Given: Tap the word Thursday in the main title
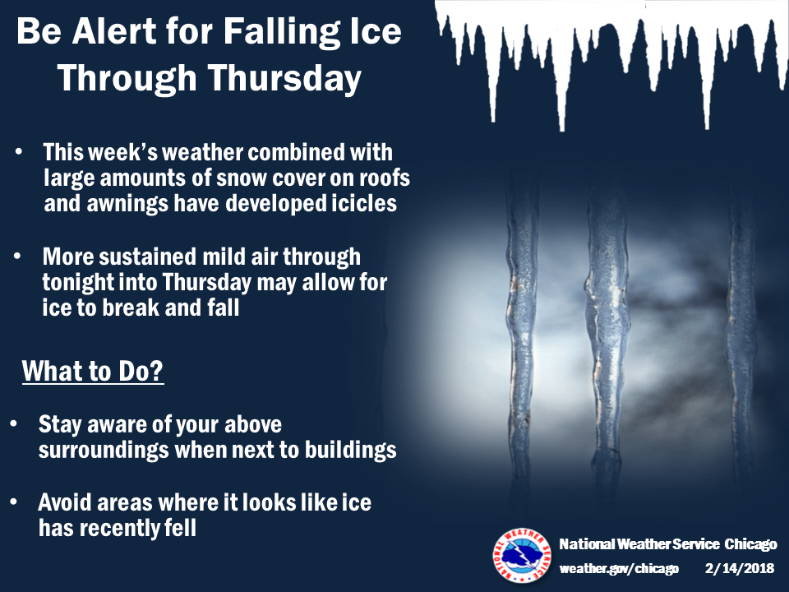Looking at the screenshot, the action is (284, 79).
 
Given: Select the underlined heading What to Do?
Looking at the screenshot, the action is (93, 371).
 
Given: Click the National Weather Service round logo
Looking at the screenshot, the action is (522, 556).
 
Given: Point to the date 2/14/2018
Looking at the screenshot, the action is (739, 568).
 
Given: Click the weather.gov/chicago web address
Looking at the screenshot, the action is (619, 569).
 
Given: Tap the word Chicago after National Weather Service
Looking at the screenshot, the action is (750, 544).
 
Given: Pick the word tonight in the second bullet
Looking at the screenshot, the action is (78, 283).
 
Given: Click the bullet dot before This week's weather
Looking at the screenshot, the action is (19, 151).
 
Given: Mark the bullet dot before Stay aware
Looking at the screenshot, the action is (14, 424).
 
